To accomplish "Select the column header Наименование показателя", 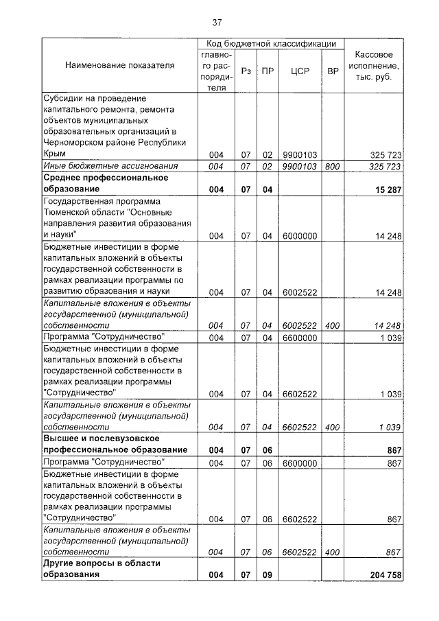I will pyautogui.click(x=119, y=65).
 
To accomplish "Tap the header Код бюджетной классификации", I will pyautogui.click(x=271, y=43).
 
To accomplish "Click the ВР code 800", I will pyautogui.click(x=333, y=167).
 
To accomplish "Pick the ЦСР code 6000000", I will pyautogui.click(x=299, y=236).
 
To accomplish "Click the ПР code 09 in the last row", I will pyautogui.click(x=268, y=575).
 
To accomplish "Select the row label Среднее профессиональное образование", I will pyautogui.click(x=106, y=183).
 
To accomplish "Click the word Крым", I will pyautogui.click(x=54, y=154).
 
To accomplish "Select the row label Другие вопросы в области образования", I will pyautogui.click(x=102, y=570).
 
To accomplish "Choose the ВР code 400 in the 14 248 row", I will pyautogui.click(x=333, y=325).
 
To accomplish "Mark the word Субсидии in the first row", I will pyautogui.click(x=64, y=98).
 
